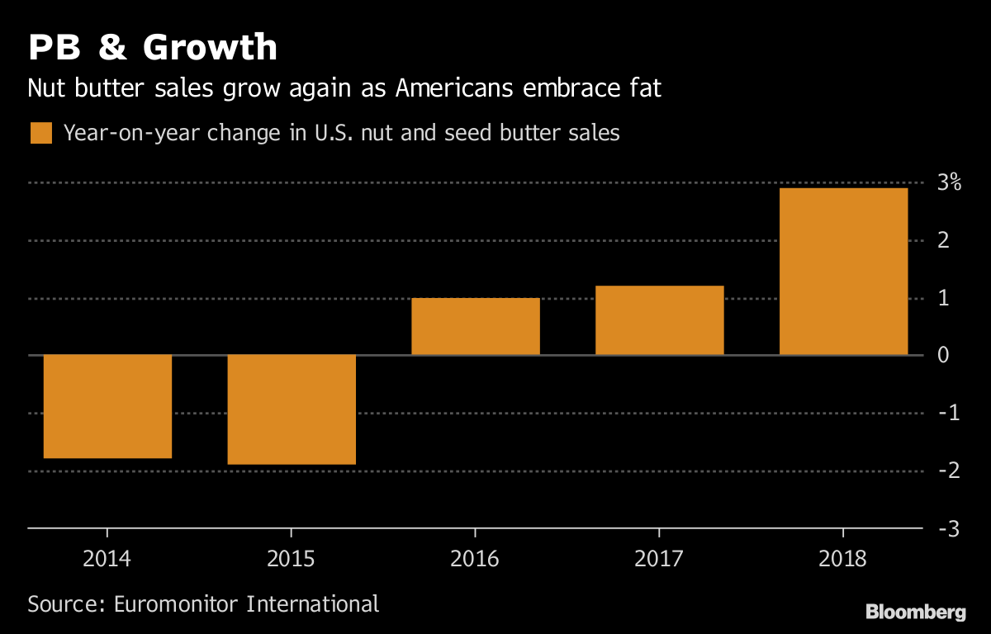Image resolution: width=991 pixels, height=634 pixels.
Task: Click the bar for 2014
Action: pos(107,406)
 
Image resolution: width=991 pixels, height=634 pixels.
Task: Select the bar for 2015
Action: pos(292,409)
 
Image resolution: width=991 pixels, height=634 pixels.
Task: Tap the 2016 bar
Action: pos(476,326)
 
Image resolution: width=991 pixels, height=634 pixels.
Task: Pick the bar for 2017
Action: pos(660,320)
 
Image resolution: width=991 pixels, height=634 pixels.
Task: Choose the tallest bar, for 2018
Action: pos(843,272)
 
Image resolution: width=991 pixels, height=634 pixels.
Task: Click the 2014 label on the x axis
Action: pos(107,559)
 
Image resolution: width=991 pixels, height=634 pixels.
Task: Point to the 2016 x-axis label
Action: pos(475,559)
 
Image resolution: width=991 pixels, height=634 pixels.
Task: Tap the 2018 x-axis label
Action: pos(843,559)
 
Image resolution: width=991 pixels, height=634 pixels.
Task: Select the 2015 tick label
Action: pos(292,559)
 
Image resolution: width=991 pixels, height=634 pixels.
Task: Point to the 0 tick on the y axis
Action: pos(943,355)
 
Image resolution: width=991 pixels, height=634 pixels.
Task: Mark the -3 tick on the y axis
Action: pos(945,528)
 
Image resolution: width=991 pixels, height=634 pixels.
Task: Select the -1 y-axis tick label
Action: pos(945,413)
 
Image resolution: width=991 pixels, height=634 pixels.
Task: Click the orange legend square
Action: pos(41,133)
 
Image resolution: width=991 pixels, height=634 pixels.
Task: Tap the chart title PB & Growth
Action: pos(153,48)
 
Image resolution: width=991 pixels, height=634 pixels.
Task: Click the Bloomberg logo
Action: pos(915,613)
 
